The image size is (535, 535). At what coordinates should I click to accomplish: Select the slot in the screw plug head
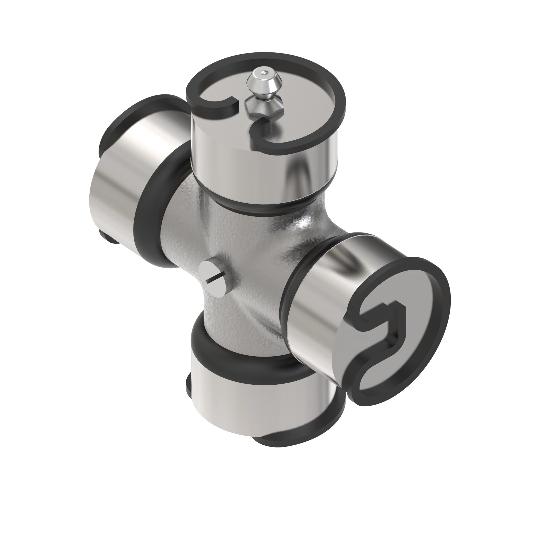(x=216, y=278)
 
